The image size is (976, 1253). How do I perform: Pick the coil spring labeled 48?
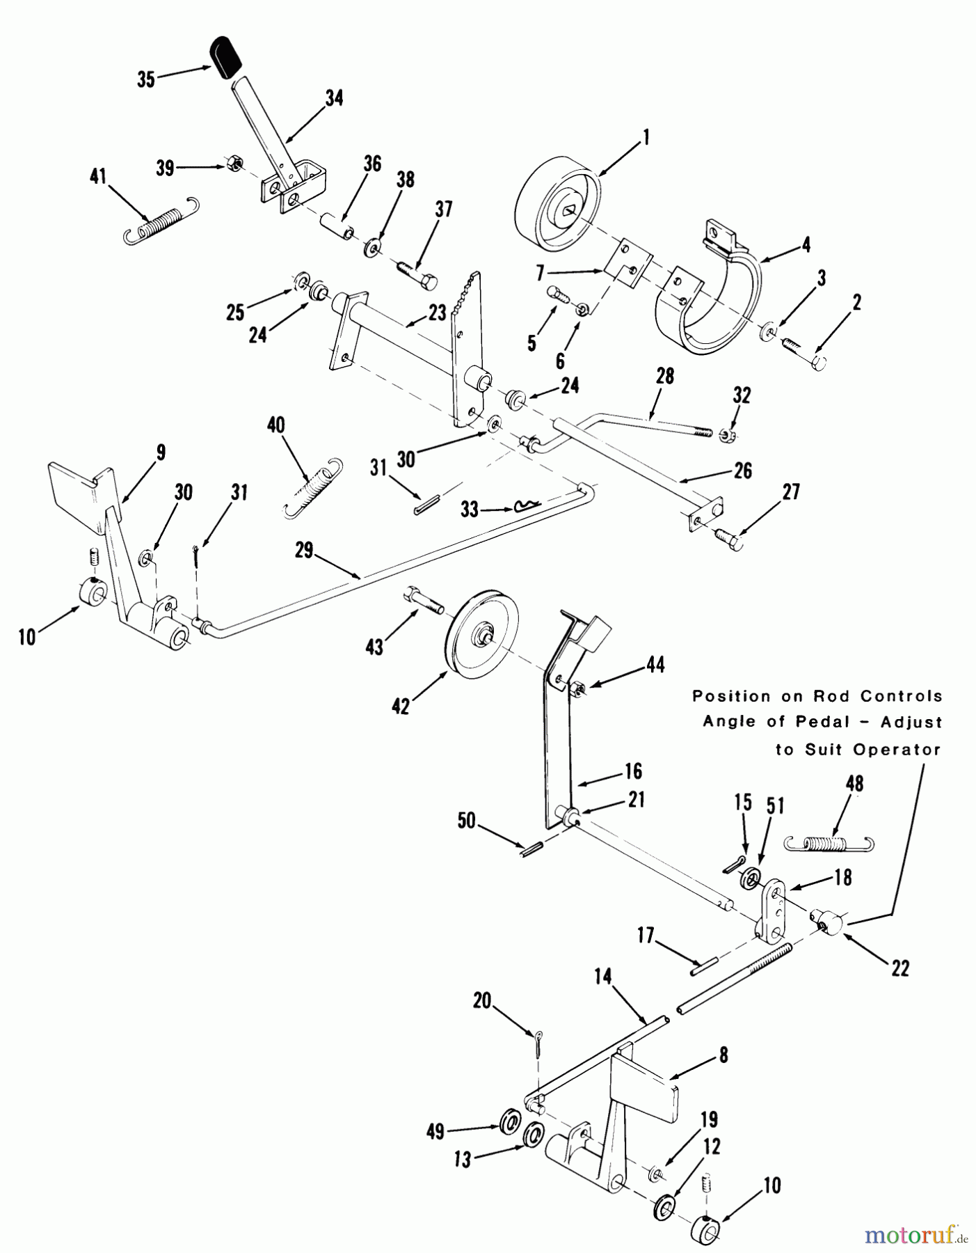coord(829,843)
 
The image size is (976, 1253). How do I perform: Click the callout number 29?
coord(304,552)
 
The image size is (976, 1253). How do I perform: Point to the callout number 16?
coord(632,771)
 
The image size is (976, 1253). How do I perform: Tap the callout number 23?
coord(437,313)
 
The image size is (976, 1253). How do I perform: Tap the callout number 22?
coord(900,968)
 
